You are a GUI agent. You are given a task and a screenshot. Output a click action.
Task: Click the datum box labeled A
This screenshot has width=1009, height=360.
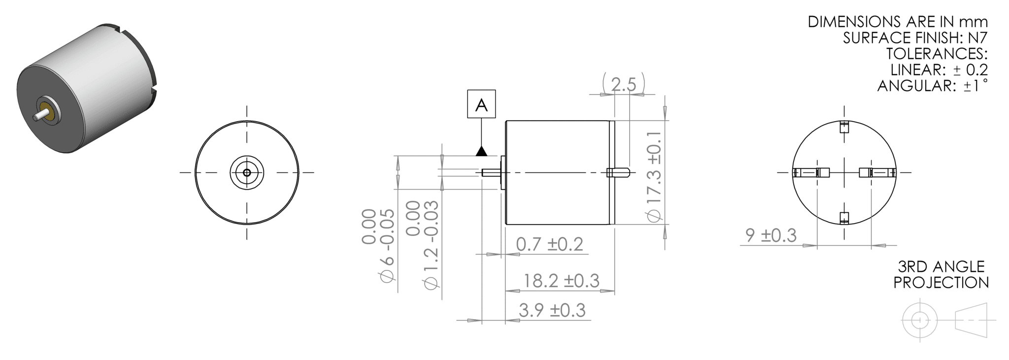tap(481, 104)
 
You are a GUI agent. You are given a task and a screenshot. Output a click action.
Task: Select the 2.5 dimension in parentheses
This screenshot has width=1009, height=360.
tap(623, 85)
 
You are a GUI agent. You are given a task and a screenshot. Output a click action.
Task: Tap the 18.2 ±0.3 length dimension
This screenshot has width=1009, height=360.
tap(561, 281)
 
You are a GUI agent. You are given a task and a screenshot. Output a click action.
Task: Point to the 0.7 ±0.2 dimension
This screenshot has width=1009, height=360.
tap(549, 244)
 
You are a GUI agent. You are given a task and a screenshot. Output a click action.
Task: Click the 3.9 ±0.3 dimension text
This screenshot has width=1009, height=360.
tap(552, 310)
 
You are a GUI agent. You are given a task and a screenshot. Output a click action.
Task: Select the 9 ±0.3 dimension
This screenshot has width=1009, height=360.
tap(771, 235)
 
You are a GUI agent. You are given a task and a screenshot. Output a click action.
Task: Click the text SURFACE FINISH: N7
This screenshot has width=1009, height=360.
tap(915, 38)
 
